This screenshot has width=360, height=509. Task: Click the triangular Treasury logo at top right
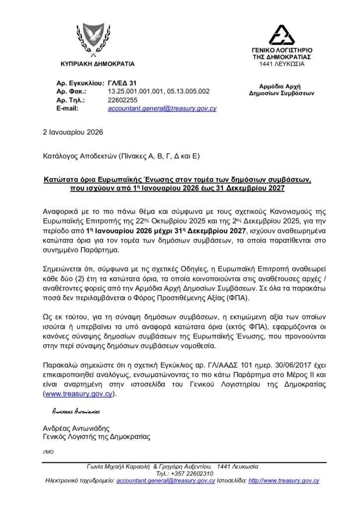click(x=282, y=35)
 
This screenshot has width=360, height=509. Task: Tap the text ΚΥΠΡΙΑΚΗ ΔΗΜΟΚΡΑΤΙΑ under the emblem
click(x=97, y=64)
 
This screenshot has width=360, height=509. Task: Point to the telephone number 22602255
click(x=122, y=99)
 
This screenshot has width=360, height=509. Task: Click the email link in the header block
click(x=162, y=108)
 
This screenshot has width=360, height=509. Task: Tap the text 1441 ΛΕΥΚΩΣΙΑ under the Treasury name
click(x=282, y=64)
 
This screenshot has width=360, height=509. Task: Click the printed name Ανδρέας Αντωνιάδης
click(x=76, y=428)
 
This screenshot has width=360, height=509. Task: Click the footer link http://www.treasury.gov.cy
click(x=283, y=481)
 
